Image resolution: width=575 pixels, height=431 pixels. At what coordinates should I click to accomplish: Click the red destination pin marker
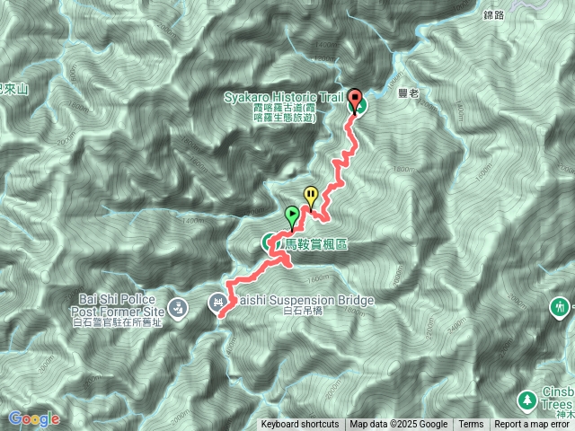point(354,98)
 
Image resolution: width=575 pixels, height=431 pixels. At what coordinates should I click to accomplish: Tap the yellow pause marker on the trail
point(311,193)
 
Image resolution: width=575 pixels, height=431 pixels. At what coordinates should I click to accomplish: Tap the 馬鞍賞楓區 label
point(315,243)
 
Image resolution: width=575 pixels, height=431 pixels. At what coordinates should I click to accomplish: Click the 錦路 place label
point(494,15)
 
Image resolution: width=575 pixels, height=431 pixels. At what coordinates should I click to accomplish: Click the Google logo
point(34,418)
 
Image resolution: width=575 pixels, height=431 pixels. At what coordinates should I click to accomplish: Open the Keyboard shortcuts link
point(300,425)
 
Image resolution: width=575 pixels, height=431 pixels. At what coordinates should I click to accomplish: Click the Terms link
point(471,425)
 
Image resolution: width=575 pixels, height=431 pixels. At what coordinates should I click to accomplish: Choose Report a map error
point(533,425)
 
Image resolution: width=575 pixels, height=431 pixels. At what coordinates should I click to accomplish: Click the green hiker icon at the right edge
point(561,309)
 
